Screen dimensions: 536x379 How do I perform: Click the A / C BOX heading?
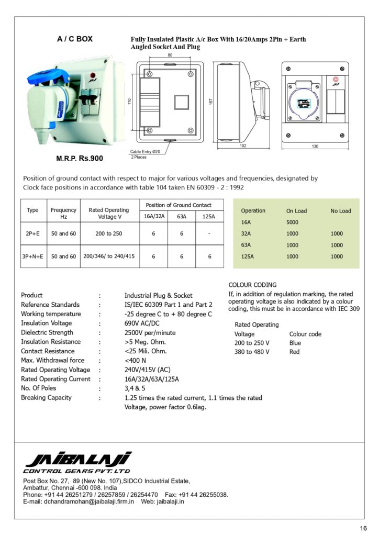pyautogui.click(x=75, y=39)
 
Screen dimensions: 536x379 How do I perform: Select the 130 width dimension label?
pyautogui.click(x=315, y=147)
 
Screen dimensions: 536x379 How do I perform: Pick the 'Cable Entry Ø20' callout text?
pyautogui.click(x=146, y=151)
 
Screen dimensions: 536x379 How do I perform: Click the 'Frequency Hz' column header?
pyautogui.click(x=63, y=213)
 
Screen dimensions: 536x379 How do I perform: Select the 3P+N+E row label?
pyautogui.click(x=32, y=256)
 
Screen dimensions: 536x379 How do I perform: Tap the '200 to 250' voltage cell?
pyautogui.click(x=109, y=233)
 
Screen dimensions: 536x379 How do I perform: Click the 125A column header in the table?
pyautogui.click(x=209, y=216)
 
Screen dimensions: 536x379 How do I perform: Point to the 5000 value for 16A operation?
pyautogui.click(x=292, y=222)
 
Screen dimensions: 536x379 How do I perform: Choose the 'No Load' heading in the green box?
pyautogui.click(x=341, y=211)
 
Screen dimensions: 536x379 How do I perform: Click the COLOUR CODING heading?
pyautogui.click(x=253, y=285)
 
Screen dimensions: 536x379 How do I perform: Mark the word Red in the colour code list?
pyautogui.click(x=294, y=352)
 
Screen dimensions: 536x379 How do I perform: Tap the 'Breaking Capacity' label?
pyautogui.click(x=47, y=397)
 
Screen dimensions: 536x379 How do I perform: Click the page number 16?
pyautogui.click(x=363, y=527)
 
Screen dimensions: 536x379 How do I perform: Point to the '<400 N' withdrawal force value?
pyautogui.click(x=136, y=360)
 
